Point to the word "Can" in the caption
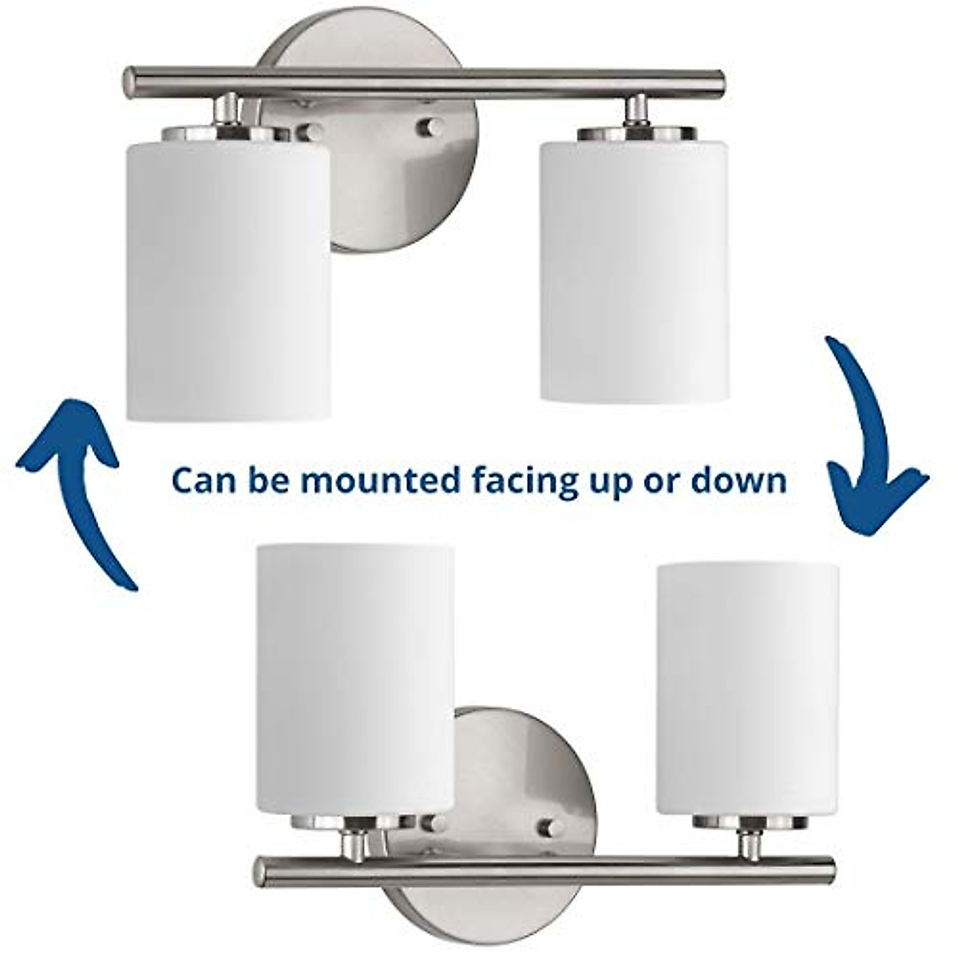tap(201, 481)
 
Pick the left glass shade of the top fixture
tap(228, 275)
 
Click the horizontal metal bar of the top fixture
tap(423, 81)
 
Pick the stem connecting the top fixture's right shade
tap(636, 110)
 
